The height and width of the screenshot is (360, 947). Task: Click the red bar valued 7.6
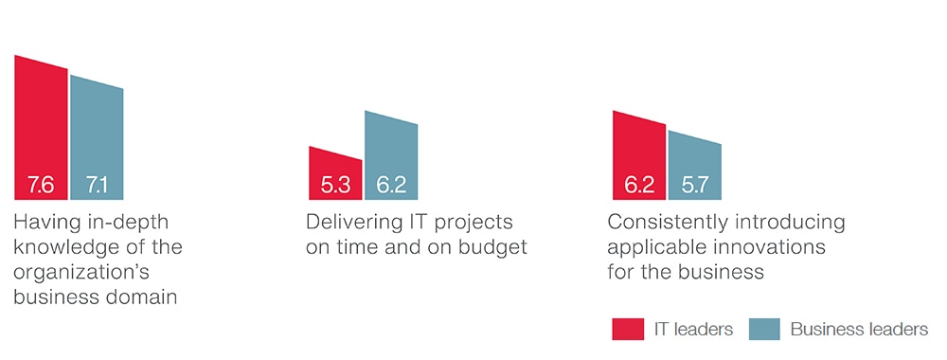pyautogui.click(x=41, y=130)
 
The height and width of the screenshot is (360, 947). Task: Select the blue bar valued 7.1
pyautogui.click(x=97, y=140)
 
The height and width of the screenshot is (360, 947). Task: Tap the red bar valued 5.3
pyautogui.click(x=335, y=175)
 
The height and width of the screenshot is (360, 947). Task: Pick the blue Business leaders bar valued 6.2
pyautogui.click(x=391, y=157)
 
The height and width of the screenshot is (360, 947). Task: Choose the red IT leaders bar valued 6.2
pyautogui.click(x=639, y=157)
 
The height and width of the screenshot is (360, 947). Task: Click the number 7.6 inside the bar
pyautogui.click(x=41, y=185)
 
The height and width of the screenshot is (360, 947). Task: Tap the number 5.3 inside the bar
pyautogui.click(x=335, y=185)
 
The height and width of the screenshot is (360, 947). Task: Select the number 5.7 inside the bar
pyautogui.click(x=694, y=185)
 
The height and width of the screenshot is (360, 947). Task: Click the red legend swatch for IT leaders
pyautogui.click(x=628, y=329)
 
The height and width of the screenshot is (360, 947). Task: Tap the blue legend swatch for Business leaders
pyautogui.click(x=764, y=329)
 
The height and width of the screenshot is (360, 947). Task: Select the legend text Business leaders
pyautogui.click(x=859, y=329)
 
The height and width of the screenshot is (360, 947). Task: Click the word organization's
pyautogui.click(x=81, y=273)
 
